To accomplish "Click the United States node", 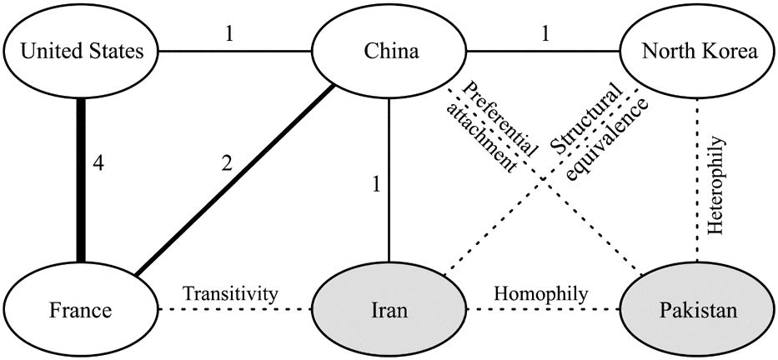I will (x=80, y=52).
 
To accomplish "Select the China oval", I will (x=390, y=52).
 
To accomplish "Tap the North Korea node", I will (x=699, y=52).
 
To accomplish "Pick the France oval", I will (x=80, y=311).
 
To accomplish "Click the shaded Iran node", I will (x=390, y=311).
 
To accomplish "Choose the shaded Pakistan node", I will (x=699, y=311).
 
